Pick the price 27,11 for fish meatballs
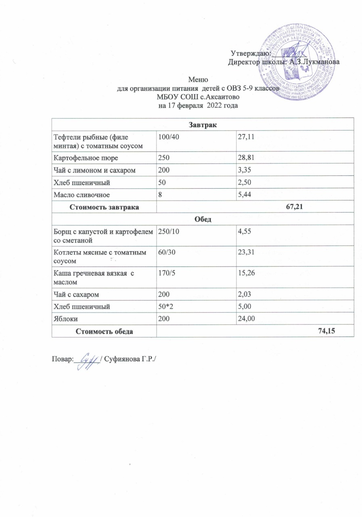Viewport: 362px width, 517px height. tap(246, 137)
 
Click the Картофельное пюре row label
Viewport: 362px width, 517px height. tap(80, 156)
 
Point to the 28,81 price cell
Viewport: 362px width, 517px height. tap(246, 156)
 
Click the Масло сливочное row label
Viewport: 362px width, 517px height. tap(79, 195)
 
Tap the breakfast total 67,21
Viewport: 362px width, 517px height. tap(294, 208)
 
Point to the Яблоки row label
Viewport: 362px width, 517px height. tap(64, 319)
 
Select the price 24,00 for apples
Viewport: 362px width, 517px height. tap(246, 319)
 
